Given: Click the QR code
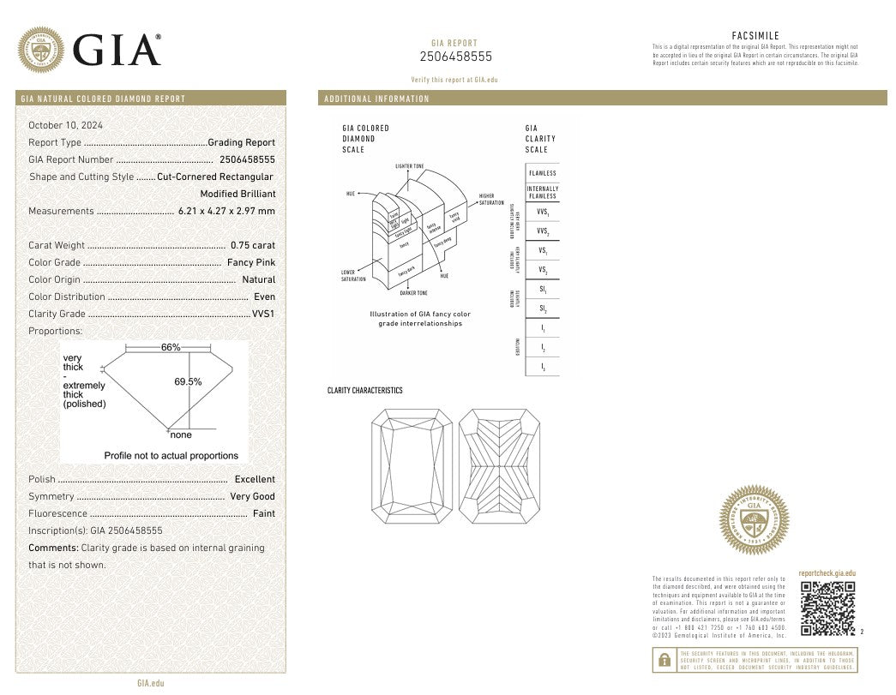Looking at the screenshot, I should pyautogui.click(x=827, y=608).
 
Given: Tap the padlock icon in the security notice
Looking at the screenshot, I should pyautogui.click(x=664, y=660).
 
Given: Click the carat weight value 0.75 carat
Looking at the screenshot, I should pyautogui.click(x=253, y=245).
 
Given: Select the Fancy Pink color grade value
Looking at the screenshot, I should pyautogui.click(x=251, y=262).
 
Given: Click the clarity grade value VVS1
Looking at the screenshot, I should pyautogui.click(x=264, y=314).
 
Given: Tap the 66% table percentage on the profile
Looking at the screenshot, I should pyautogui.click(x=171, y=347).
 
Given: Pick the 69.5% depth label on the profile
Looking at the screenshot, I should pyautogui.click(x=188, y=381).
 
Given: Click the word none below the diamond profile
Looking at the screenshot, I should pyautogui.click(x=181, y=435).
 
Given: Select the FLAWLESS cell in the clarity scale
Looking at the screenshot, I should pyautogui.click(x=542, y=173).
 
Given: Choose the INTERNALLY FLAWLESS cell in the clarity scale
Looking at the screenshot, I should pyautogui.click(x=542, y=193).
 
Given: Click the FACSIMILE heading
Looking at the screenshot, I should pyautogui.click(x=755, y=35).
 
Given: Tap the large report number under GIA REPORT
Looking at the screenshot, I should pyautogui.click(x=456, y=57).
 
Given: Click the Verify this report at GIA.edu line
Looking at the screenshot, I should pyautogui.click(x=454, y=80).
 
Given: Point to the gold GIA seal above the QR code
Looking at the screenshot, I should pyautogui.click(x=754, y=520).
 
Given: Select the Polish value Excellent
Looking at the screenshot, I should pyautogui.click(x=255, y=479).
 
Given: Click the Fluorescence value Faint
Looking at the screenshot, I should pyautogui.click(x=264, y=513).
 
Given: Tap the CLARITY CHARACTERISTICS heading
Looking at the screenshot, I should pyautogui.click(x=364, y=391).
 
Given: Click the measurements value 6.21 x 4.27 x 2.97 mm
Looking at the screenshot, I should pyautogui.click(x=226, y=211).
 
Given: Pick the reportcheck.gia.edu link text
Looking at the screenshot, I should pyautogui.click(x=827, y=573).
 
